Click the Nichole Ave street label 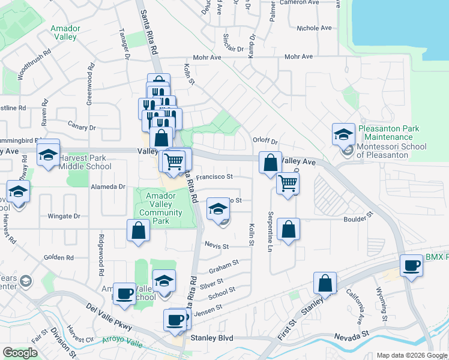[314, 28]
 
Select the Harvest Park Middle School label [85, 162]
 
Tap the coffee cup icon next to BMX [412, 265]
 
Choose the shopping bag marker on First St [325, 283]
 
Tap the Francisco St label [214, 177]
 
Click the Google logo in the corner [20, 353]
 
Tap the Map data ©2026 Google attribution [411, 355]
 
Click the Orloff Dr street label [265, 142]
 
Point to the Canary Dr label [82, 127]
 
